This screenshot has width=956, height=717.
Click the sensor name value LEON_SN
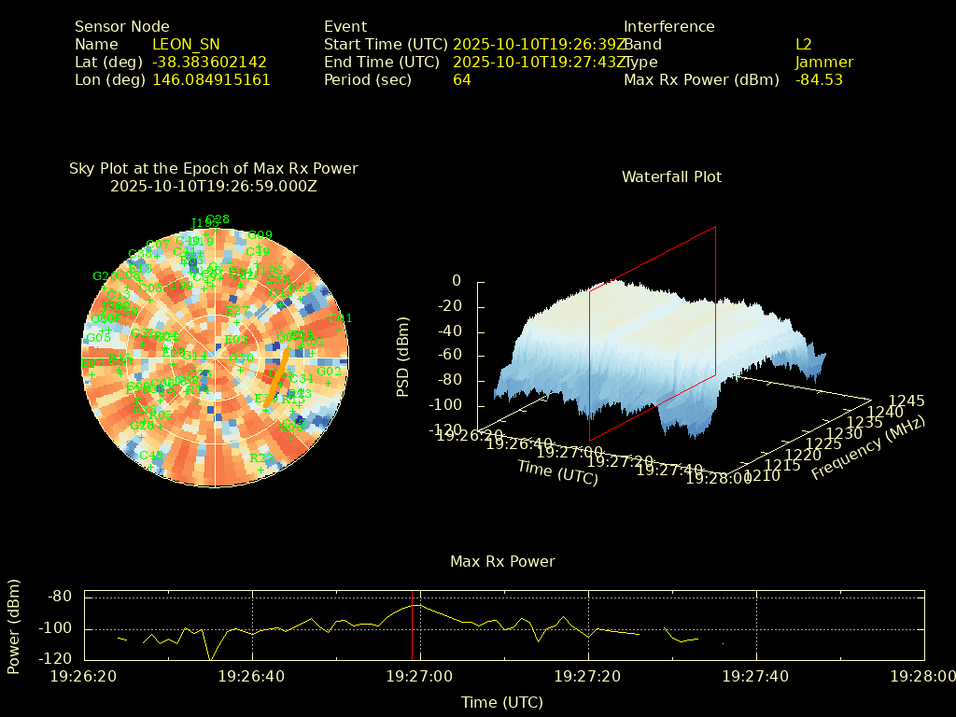pyautogui.click(x=186, y=45)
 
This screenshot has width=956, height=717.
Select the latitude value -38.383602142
pyautogui.click(x=209, y=63)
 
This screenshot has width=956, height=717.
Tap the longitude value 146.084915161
pyautogui.click(x=211, y=80)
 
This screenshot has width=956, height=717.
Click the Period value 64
pyautogui.click(x=462, y=80)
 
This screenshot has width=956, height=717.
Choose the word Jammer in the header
pyautogui.click(x=824, y=63)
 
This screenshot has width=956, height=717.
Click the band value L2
pyautogui.click(x=804, y=45)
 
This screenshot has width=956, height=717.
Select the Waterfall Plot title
pyautogui.click(x=671, y=177)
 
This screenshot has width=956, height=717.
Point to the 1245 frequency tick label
pyautogui.click(x=907, y=401)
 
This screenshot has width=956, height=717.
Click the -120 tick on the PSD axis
pyautogui.click(x=445, y=430)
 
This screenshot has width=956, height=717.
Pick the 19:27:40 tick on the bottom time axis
pyautogui.click(x=755, y=675)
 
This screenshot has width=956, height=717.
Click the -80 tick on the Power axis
pyautogui.click(x=60, y=597)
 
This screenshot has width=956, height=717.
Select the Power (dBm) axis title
pyautogui.click(x=14, y=626)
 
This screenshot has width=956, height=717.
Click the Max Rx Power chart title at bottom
pyautogui.click(x=502, y=562)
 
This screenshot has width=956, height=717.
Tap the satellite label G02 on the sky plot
pyautogui.click(x=329, y=372)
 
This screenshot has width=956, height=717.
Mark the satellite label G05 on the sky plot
pyautogui.click(x=98, y=338)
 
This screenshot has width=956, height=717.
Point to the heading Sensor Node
pyautogui.click(x=122, y=27)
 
